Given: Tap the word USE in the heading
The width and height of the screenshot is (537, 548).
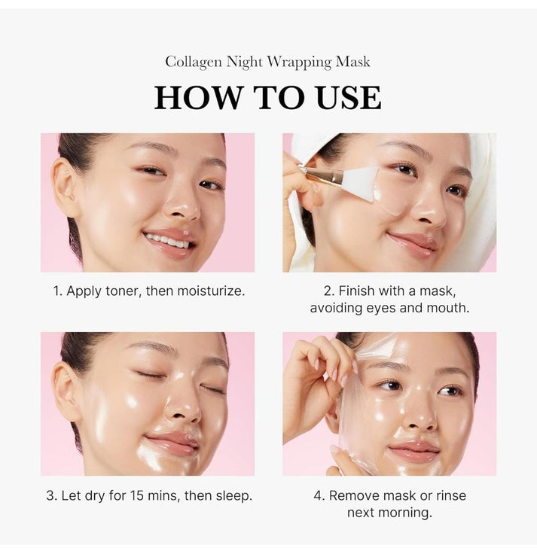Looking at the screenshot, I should tap(346, 98).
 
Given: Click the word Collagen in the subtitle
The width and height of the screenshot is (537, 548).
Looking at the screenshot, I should tap(194, 62).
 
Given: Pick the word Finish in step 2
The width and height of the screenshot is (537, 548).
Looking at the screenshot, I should tap(358, 291).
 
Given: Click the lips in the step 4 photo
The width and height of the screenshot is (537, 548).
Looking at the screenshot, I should tap(415, 451).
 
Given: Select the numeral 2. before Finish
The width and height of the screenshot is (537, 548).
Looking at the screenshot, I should tap(328, 291).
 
